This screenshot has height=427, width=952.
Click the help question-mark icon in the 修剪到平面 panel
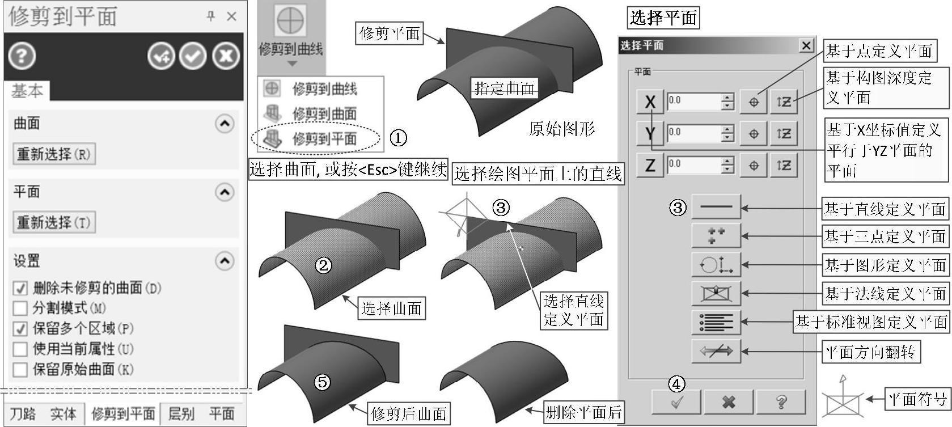coord(22,56)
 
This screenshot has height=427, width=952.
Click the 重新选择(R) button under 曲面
coord(54,154)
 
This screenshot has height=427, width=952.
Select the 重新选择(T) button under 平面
coord(54,222)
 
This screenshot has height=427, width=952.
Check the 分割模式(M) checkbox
coord(20,308)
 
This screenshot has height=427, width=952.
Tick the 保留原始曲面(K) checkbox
coord(20,369)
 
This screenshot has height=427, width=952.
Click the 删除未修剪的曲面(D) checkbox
coord(20,288)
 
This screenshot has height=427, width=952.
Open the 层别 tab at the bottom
coord(181,413)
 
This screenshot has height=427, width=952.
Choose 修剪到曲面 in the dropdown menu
coord(324,114)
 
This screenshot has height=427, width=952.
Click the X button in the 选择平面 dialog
coord(650,102)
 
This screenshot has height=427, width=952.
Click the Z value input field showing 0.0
coord(694,165)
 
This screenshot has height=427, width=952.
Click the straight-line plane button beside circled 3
coord(716,207)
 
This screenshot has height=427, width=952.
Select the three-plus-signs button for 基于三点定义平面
coord(716,235)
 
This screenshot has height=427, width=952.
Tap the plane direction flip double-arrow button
coord(716,351)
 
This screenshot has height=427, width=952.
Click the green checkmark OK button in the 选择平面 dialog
coord(676,401)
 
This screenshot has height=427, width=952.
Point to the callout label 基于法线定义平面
coord(885,294)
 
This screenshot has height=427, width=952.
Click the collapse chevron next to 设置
coord(225,260)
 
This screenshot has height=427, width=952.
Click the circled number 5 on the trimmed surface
coord(322,382)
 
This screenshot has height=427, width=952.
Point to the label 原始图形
coord(561,129)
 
